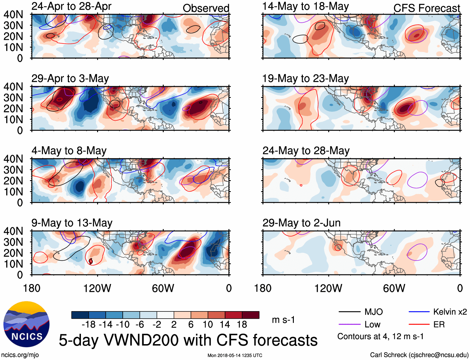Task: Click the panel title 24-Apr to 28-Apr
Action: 71,6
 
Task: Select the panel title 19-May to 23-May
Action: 305,78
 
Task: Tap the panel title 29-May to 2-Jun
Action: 301,223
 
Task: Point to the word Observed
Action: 206,8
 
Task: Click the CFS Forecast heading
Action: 426,8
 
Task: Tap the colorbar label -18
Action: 89,325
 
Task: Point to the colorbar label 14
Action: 225,325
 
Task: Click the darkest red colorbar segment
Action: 251,315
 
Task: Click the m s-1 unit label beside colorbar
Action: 283,320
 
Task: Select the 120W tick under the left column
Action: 97,288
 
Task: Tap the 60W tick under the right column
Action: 394,288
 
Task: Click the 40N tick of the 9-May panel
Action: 13,231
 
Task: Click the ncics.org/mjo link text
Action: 20,355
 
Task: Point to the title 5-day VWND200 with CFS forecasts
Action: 188,340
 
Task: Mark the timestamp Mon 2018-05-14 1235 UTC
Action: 235,355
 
